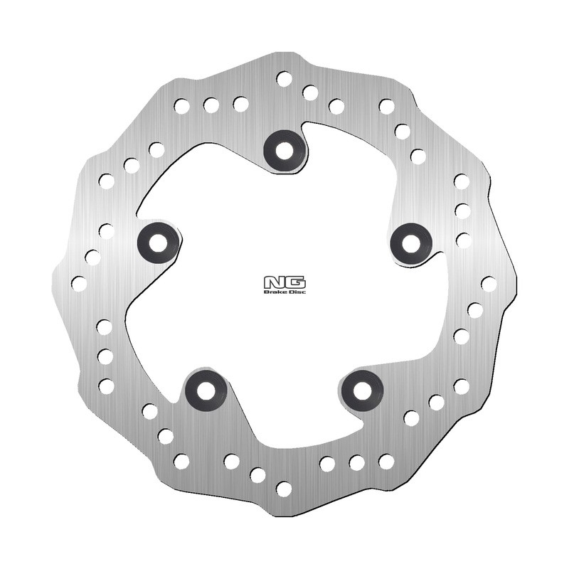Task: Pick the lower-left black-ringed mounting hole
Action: tap(206, 390)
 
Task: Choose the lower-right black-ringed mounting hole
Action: tap(363, 390)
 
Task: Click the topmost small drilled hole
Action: tap(284, 78)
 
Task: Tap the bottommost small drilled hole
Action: tap(284, 489)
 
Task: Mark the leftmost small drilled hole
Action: tap(79, 283)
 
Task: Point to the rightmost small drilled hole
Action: tap(489, 283)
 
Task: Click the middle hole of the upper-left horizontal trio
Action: tap(211, 105)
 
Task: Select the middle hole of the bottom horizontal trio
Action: tap(357, 462)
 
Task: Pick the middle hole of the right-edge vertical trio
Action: tap(462, 211)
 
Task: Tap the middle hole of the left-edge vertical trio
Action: tap(105, 356)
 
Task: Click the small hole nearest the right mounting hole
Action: tap(463, 240)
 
